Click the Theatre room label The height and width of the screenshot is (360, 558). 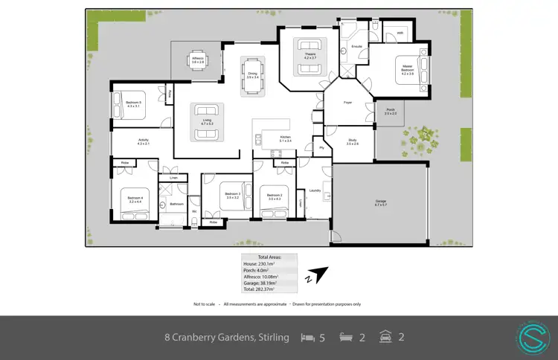coord(310,56)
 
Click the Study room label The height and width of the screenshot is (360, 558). coord(352,142)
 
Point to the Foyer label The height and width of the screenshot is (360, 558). coord(347,102)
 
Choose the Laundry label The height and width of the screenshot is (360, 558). coord(315,190)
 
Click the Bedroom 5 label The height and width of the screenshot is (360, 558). coord(134,103)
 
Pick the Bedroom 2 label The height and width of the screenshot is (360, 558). coord(274,196)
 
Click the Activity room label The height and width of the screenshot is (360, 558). coord(144,141)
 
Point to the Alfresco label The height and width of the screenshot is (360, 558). coord(198,59)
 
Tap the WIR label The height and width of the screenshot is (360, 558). coord(400,33)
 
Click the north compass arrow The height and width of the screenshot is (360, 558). coord(318,275)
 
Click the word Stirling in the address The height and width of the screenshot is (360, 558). coord(271,338)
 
